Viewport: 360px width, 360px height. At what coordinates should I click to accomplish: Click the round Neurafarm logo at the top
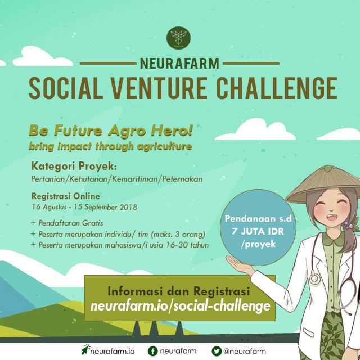point(178,38)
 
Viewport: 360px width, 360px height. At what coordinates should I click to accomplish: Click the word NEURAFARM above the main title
point(179,64)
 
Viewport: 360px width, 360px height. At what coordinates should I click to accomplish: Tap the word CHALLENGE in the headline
point(277,88)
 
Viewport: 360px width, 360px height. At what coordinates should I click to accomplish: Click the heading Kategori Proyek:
point(74,166)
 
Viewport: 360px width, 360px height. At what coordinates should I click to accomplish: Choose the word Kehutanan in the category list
point(88,179)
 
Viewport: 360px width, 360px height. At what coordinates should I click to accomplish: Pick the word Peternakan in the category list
point(182,179)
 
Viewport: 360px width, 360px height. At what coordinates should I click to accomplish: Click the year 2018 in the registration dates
point(128,207)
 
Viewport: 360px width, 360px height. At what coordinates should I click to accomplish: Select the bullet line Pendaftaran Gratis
point(67,223)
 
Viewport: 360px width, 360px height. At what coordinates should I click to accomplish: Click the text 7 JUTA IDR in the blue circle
point(258,231)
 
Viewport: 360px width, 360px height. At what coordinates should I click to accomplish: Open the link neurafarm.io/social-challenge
point(181,306)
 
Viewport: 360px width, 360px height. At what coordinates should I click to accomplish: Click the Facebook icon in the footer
point(152,351)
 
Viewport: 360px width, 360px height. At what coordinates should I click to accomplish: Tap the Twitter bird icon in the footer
point(217,351)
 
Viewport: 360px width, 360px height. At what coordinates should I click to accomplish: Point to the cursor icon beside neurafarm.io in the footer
point(85,349)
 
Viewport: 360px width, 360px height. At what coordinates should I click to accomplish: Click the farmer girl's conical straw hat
point(323,184)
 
